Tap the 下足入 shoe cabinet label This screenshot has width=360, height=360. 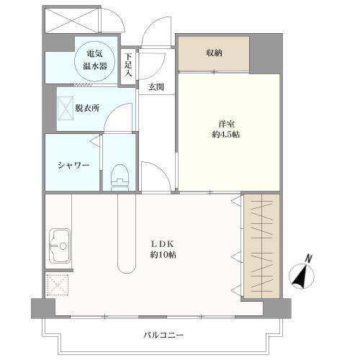coord(129,64)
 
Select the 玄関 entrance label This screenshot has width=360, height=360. coord(156,88)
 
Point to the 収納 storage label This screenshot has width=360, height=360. coord(213,52)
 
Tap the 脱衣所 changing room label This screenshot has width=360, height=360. coord(86,108)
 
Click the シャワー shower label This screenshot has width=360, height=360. coord(73,165)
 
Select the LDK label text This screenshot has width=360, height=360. coord(162,243)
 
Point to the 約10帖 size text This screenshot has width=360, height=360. coord(163,255)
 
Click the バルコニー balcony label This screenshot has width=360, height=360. coord(163,336)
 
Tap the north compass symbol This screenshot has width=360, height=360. coord(300,276)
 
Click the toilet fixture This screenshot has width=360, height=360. coord(120,175)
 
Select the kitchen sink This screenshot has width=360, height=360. coord(59,246)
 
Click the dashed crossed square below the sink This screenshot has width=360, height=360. coord(57,285)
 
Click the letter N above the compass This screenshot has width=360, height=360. coord(308,258)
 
